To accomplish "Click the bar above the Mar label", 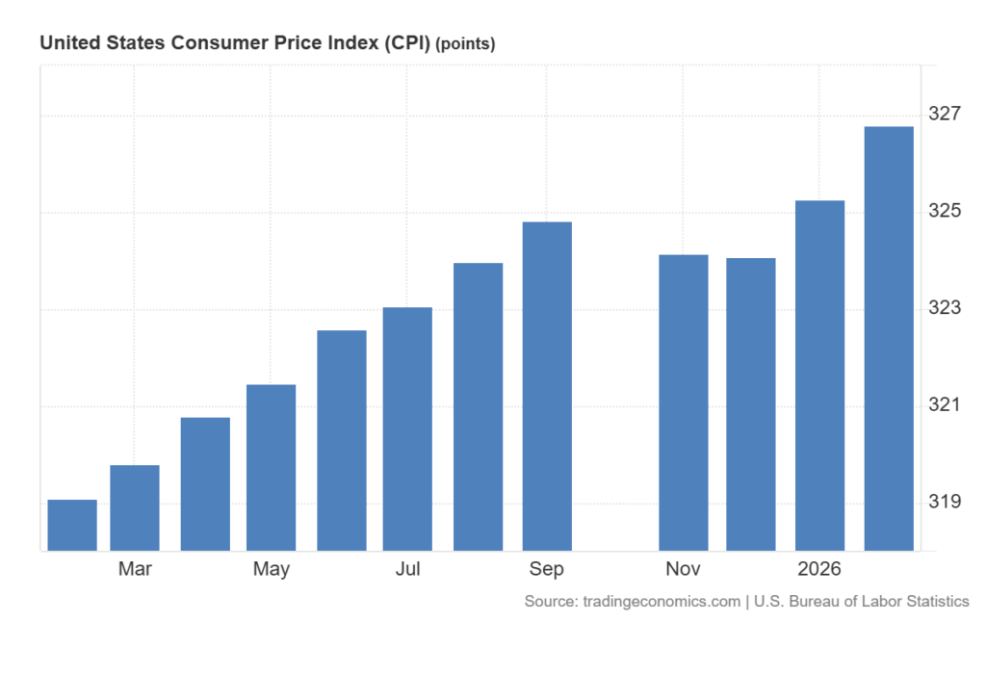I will tap(135, 507).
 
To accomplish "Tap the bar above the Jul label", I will tap(407, 428).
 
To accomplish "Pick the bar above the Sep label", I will tap(547, 386).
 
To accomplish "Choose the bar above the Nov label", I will tap(684, 402).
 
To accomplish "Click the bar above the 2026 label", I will tap(819, 376).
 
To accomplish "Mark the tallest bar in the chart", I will tap(889, 338).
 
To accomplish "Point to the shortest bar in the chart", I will tap(72, 525).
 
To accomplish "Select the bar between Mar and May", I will tap(205, 483).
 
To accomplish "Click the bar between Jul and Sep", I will tap(479, 406).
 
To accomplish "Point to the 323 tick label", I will tap(945, 308).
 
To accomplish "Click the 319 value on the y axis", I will tap(945, 502).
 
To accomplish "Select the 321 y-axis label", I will tap(945, 405).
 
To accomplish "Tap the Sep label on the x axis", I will tap(547, 569).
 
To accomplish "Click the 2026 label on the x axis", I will tap(819, 569).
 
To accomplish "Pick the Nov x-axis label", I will tap(684, 569).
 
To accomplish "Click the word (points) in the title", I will tap(466, 44).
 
